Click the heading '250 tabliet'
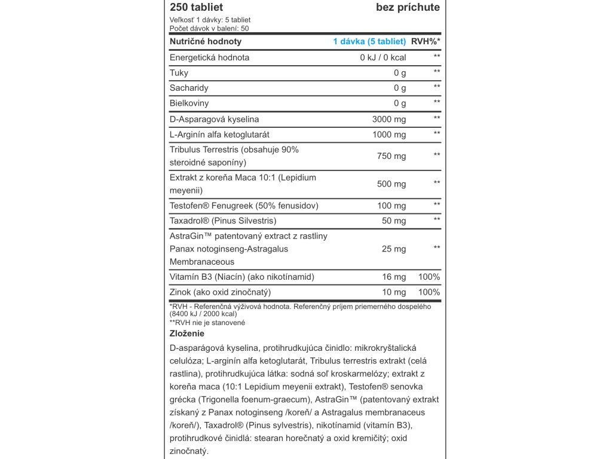pos(196,7)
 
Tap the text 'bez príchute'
pos(408,7)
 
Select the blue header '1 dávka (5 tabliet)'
pos(369,41)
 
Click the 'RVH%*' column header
pos(426,41)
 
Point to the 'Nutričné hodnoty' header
pos(206,41)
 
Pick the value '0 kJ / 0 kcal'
pos(382,57)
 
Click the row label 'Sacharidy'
pos(189,88)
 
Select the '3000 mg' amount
pos(388,119)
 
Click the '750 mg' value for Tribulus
pos(391,156)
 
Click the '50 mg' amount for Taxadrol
pos(394,221)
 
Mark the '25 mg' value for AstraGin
pos(394,249)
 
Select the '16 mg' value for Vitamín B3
pos(394,277)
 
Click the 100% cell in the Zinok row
pos(429,292)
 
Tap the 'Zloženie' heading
pos(187,333)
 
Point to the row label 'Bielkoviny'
pos(191,103)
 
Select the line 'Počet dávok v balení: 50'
pos(209,28)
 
